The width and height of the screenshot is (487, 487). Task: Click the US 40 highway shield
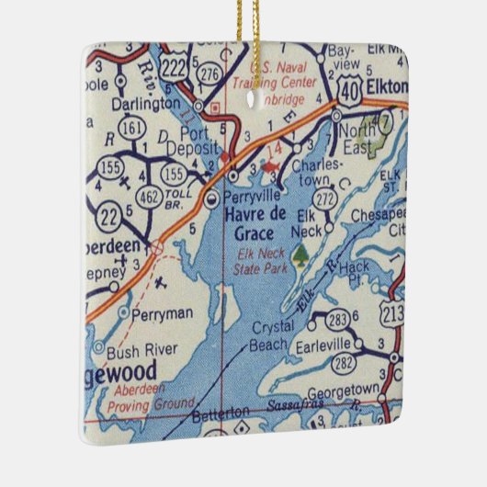(347, 87)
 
